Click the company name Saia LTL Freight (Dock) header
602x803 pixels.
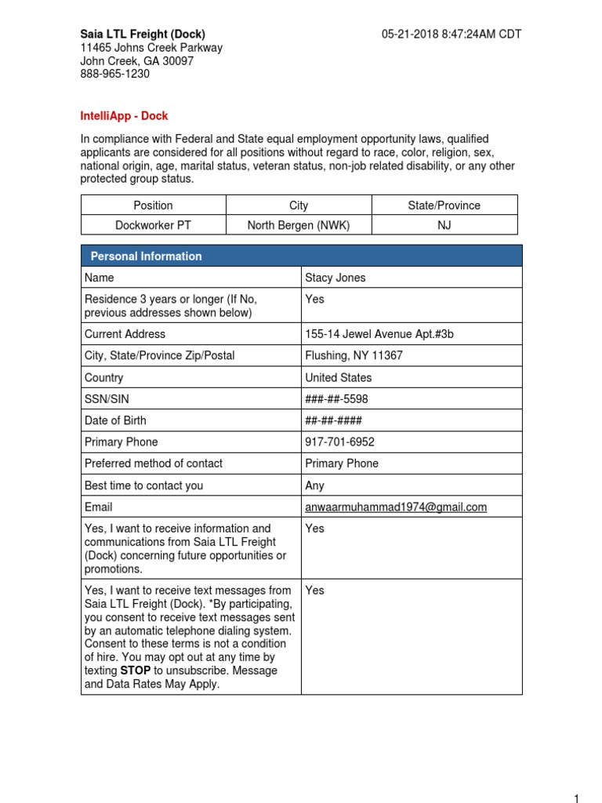point(143,34)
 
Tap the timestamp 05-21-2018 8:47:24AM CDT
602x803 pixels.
point(451,34)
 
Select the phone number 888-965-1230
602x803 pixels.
point(115,74)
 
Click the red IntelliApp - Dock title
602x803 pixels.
point(124,115)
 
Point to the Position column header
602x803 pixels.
point(153,205)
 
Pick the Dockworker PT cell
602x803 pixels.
point(153,225)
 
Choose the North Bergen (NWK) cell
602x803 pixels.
point(299,225)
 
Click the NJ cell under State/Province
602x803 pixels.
point(444,225)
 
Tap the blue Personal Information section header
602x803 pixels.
point(147,256)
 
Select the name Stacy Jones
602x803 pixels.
point(335,278)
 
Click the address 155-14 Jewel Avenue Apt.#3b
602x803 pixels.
point(379,334)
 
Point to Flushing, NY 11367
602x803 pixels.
point(354,355)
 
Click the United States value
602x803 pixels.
point(338,377)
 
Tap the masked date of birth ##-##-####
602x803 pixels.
point(333,420)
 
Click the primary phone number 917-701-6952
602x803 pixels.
point(339,442)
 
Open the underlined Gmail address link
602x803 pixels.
point(395,507)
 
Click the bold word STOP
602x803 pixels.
point(135,670)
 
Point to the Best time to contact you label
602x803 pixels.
point(143,485)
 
